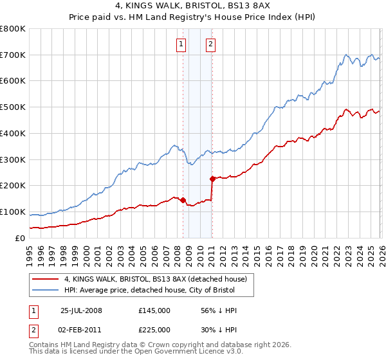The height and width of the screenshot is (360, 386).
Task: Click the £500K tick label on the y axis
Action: coord(13,107)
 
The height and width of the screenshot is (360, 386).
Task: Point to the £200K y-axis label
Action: coord(13,186)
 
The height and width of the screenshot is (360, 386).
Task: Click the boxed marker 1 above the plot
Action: coord(181,44)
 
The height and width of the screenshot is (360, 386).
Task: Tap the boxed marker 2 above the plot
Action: coord(210,44)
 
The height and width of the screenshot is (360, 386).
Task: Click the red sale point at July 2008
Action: coord(183,200)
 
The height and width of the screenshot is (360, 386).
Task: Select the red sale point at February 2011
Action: coord(212,179)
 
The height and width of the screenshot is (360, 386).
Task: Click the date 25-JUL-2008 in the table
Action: coord(81,310)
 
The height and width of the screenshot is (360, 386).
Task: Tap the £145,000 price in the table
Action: coord(154,310)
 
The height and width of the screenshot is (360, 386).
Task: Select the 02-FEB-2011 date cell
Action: coord(81,329)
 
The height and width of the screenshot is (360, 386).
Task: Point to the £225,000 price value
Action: coord(154,329)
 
